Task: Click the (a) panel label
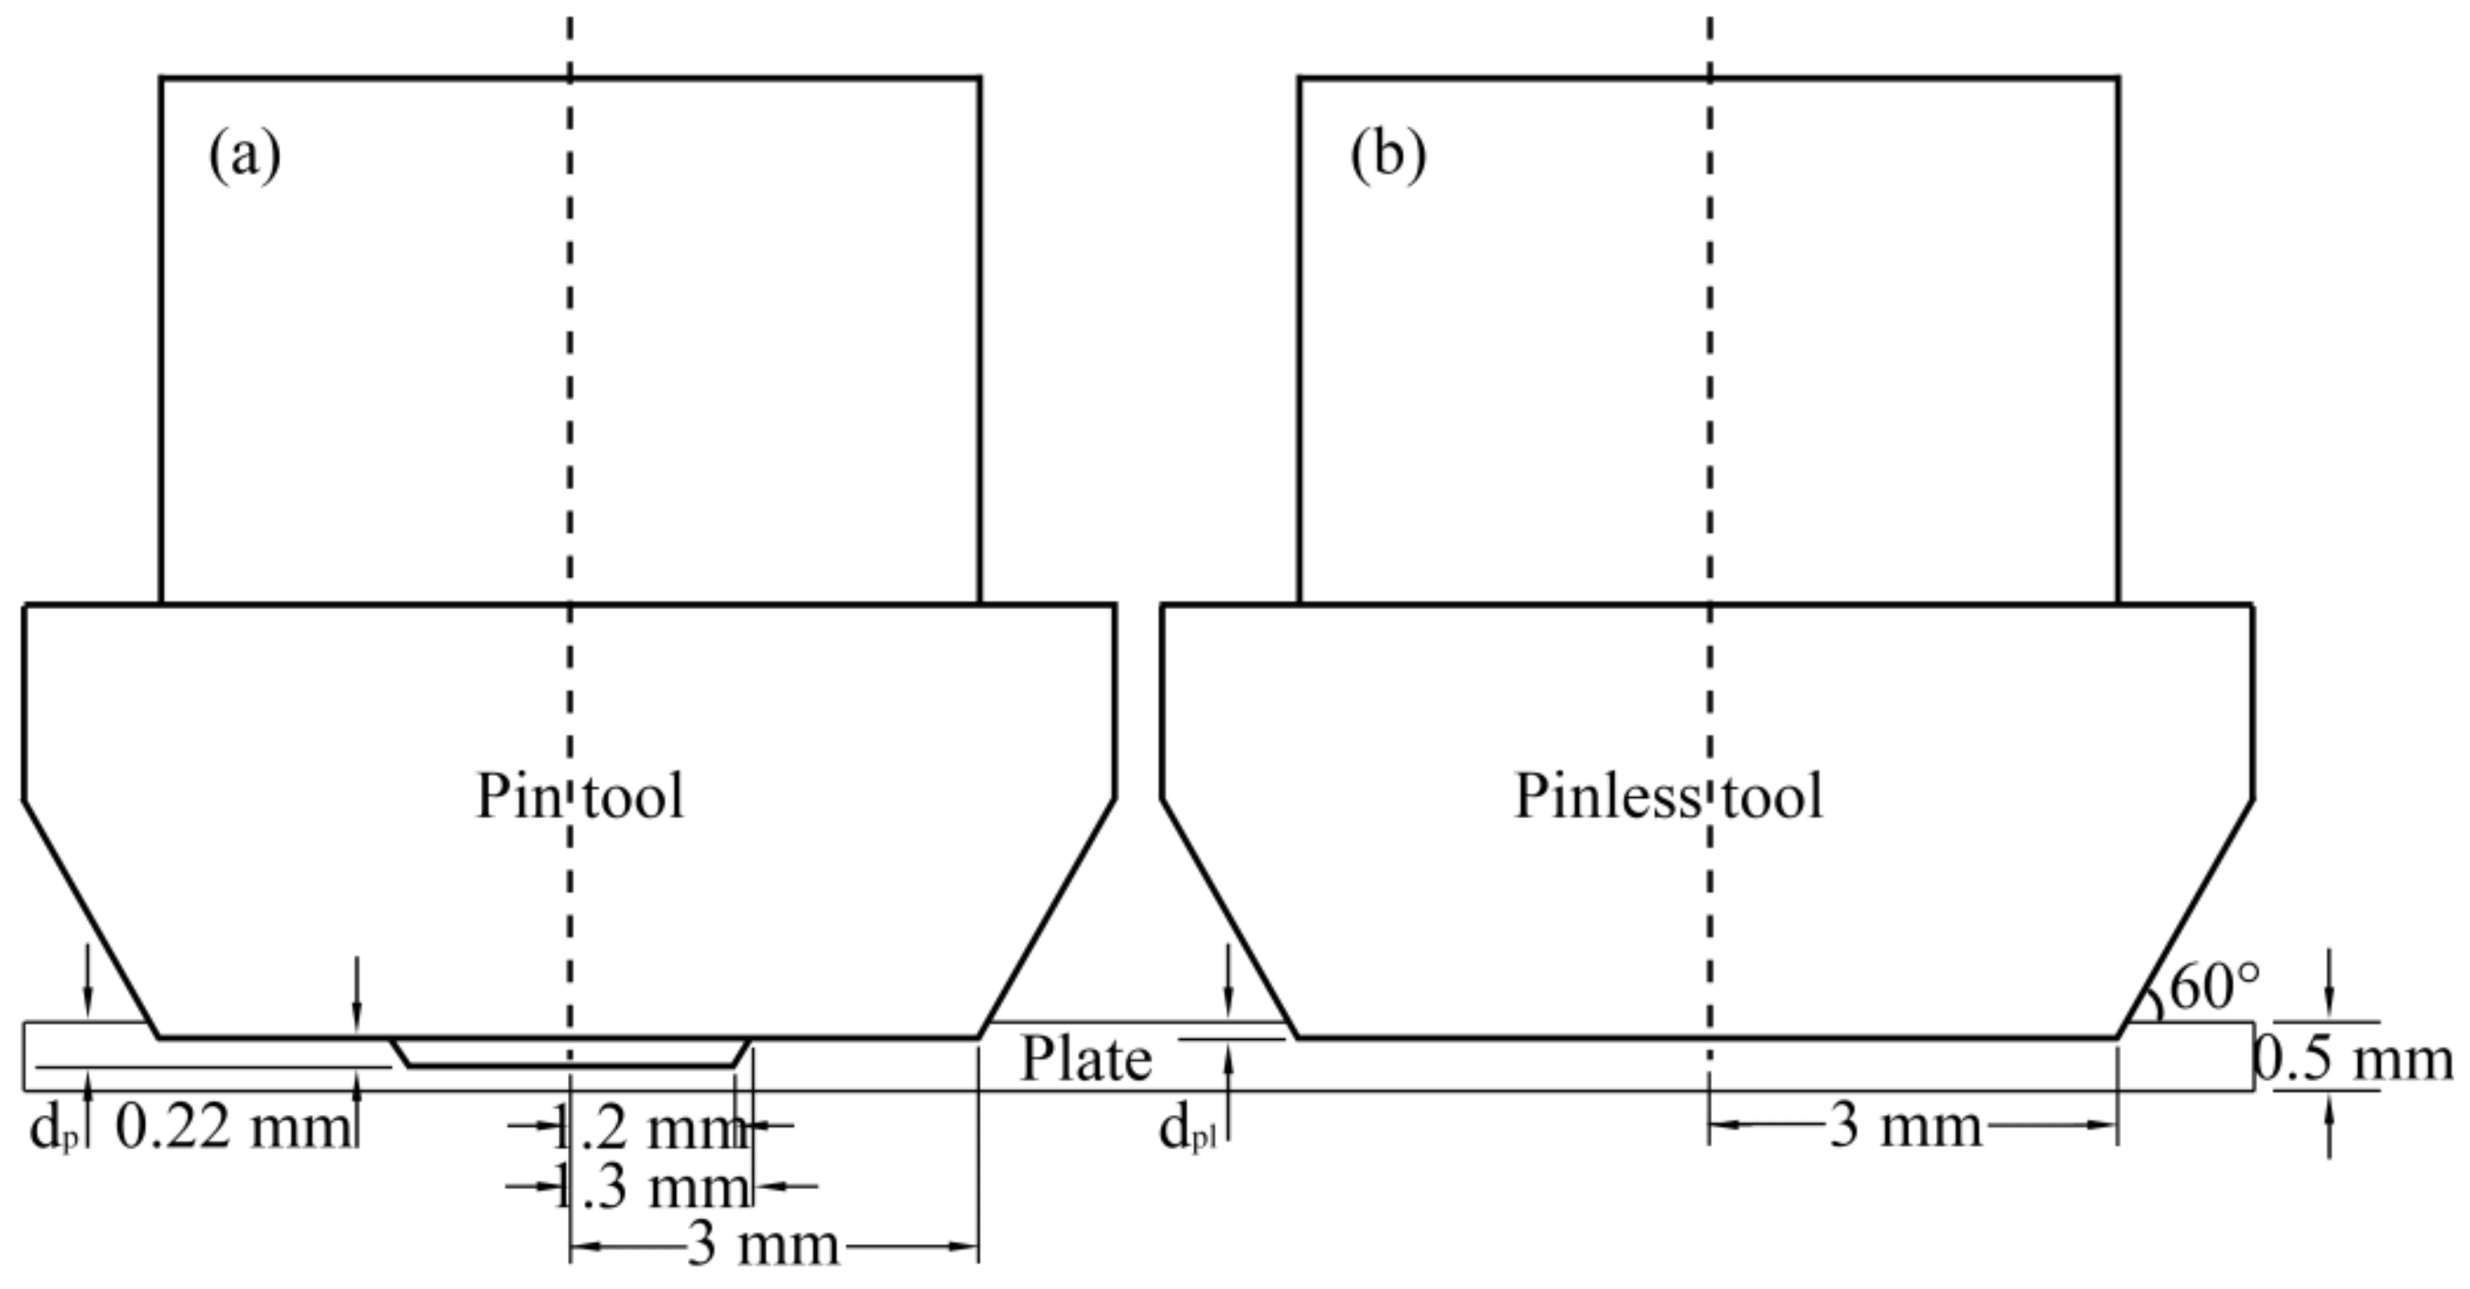point(245,156)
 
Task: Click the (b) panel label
point(1387,156)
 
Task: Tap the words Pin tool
point(580,797)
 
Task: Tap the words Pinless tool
point(1668,797)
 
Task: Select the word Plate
point(1084,1061)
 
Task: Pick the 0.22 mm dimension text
point(232,1128)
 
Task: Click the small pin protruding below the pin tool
point(571,1052)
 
